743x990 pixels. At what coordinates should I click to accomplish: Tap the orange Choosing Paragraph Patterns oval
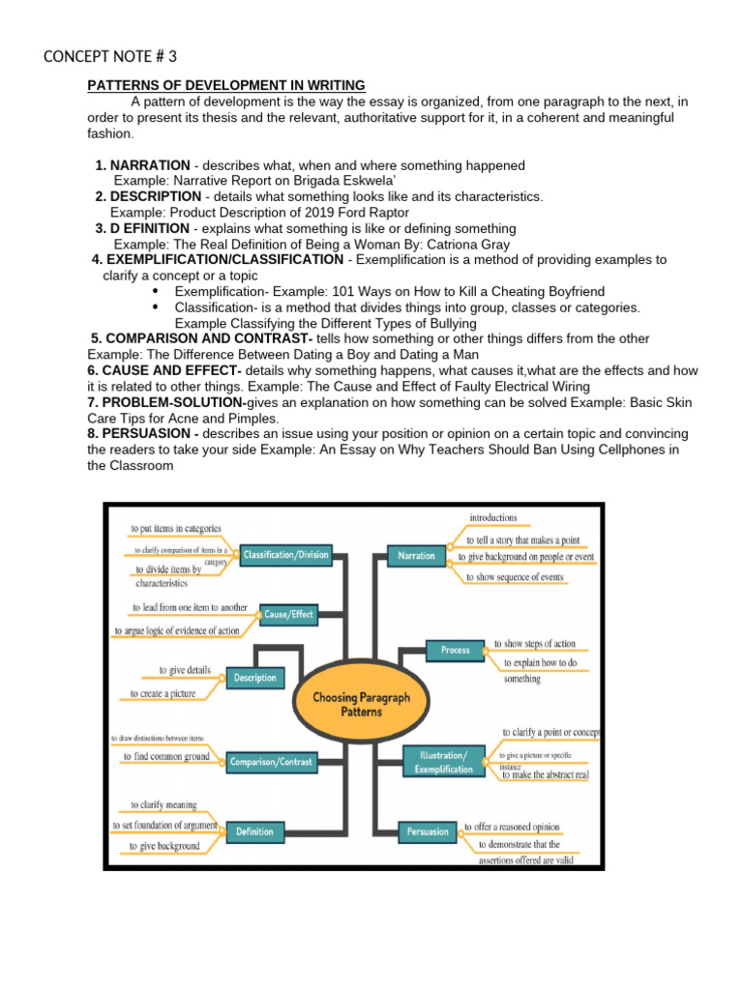click(x=360, y=704)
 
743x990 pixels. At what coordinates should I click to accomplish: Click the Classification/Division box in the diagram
click(x=286, y=555)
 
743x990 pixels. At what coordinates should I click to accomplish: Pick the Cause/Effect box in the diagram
click(x=288, y=614)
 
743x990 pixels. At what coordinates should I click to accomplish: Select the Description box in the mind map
click(x=255, y=678)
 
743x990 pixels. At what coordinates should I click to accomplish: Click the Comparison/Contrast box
click(x=271, y=762)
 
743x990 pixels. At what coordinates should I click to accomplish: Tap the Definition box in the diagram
click(x=254, y=831)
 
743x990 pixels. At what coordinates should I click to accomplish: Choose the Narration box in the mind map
click(x=416, y=556)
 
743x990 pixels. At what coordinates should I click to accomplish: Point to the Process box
click(x=455, y=651)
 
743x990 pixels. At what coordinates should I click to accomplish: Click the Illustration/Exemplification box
click(x=443, y=762)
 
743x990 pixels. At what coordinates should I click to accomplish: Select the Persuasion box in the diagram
click(x=428, y=831)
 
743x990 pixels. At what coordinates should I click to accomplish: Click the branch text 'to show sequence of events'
click(x=514, y=577)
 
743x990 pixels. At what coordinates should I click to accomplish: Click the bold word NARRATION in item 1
click(x=150, y=165)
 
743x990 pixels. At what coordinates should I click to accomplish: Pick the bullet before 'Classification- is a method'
click(x=157, y=306)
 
